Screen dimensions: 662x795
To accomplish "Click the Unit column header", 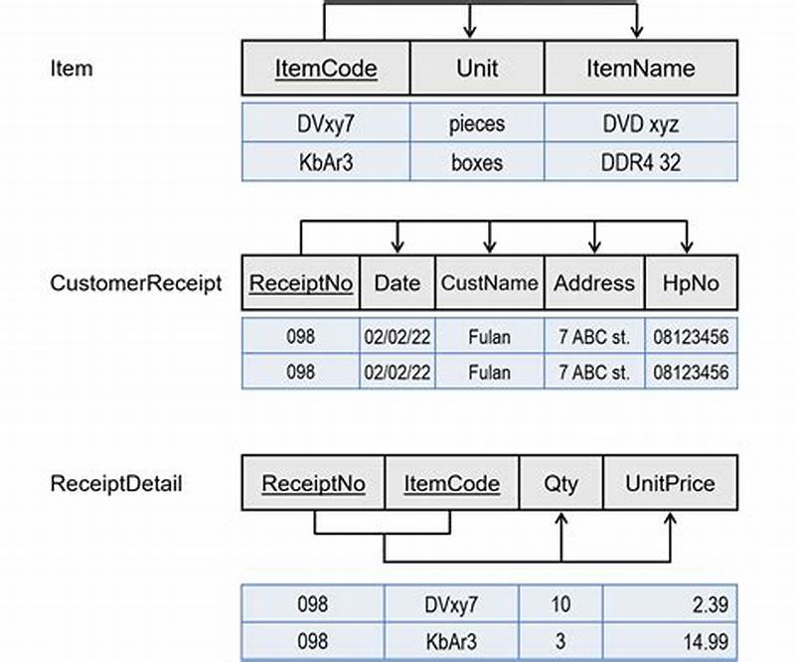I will [477, 69].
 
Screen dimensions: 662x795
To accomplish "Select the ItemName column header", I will [640, 69].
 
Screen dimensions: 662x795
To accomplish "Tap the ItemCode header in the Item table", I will [326, 69].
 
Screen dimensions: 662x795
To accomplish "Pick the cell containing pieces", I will [477, 124].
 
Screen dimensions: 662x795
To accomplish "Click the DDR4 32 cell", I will [641, 162].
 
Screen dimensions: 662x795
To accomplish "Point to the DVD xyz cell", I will [641, 124].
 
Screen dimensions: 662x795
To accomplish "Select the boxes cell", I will [477, 162].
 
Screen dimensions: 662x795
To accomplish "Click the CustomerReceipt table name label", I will [136, 282].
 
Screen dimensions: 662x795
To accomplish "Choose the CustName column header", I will [490, 282].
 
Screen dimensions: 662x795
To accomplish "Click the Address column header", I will [594, 282].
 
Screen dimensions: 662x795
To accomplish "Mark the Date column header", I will [397, 282].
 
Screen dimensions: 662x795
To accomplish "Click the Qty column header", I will [561, 484].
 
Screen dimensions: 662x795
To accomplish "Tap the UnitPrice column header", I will [670, 484].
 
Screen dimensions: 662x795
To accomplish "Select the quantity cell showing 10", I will [561, 603].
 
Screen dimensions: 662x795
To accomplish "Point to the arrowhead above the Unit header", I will [470, 32].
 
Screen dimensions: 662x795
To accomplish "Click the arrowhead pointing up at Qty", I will [561, 520].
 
